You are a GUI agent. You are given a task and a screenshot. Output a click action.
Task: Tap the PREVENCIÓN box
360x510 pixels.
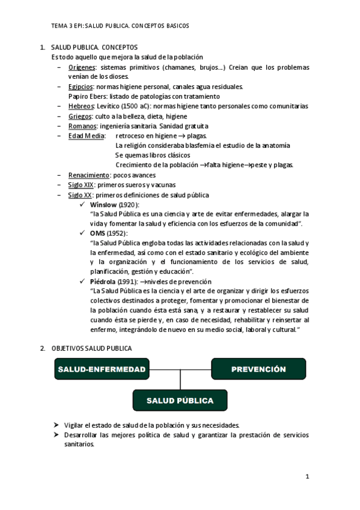point(258,369)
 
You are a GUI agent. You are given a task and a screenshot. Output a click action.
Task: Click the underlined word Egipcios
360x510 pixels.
point(81,87)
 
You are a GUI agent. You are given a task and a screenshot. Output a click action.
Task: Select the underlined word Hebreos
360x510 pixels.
point(81,106)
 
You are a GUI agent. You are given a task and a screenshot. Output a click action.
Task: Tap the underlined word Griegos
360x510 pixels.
point(80,116)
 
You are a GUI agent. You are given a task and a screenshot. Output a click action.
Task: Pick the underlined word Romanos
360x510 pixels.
point(82,126)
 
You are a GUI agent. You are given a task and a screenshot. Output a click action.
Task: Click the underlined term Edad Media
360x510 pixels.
point(85,135)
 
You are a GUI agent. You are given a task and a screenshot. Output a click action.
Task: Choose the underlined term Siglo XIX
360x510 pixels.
point(81,185)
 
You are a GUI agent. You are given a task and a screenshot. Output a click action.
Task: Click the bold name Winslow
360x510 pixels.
point(103,204)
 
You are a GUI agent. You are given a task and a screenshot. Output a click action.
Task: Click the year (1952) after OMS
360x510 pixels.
point(118,233)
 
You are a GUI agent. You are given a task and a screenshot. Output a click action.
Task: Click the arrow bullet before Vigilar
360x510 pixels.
point(56,425)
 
